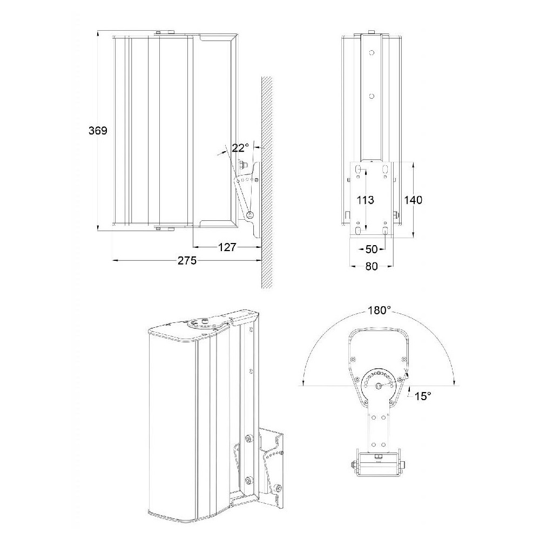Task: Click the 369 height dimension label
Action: (x=98, y=131)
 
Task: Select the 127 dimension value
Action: (x=227, y=247)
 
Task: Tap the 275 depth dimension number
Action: (x=187, y=260)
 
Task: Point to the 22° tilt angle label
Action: (x=240, y=148)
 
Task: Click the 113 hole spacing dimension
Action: (x=365, y=200)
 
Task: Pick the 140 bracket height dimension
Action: (x=413, y=200)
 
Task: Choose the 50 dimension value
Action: (x=372, y=249)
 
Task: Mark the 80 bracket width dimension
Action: (x=372, y=266)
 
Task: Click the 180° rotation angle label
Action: (x=379, y=310)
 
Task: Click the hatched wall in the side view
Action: (x=267, y=182)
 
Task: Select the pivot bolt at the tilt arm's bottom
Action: (x=251, y=215)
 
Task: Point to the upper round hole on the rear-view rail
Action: (x=372, y=53)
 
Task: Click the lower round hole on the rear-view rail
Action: (x=372, y=97)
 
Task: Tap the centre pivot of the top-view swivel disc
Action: (x=379, y=386)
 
